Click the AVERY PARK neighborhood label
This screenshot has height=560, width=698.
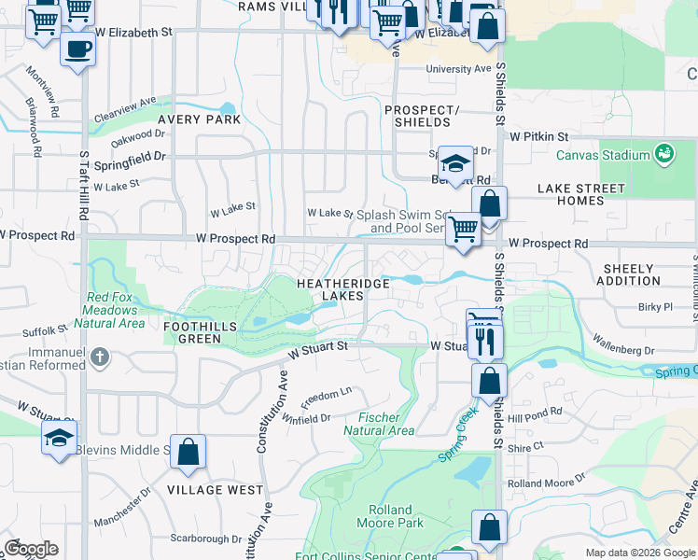click(x=199, y=119)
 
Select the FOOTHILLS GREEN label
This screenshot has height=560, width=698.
click(x=205, y=332)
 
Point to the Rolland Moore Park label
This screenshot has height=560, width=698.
click(x=390, y=516)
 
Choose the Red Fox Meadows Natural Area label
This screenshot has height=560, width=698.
click(x=116, y=310)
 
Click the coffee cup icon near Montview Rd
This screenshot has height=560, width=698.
click(x=77, y=49)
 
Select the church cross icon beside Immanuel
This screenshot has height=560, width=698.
click(x=101, y=356)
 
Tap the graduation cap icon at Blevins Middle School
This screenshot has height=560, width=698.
click(x=60, y=439)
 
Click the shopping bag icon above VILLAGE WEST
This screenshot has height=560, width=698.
click(x=188, y=453)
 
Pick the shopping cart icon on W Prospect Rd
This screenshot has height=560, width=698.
click(x=463, y=229)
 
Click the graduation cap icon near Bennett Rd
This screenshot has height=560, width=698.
click(x=454, y=164)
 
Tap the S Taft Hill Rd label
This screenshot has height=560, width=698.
click(x=83, y=187)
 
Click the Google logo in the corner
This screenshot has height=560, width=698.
click(x=31, y=548)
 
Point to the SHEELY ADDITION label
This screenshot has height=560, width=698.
click(x=630, y=274)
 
